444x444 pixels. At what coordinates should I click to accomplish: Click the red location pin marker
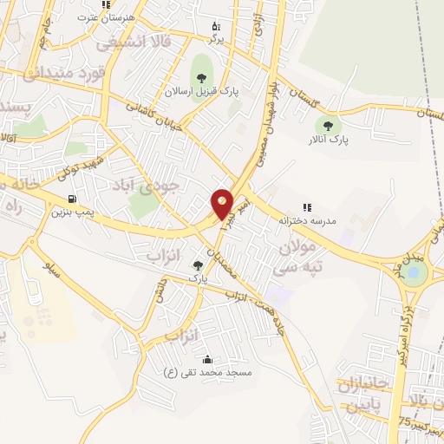(223, 203)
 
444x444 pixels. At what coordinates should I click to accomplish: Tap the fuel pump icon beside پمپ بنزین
(83, 198)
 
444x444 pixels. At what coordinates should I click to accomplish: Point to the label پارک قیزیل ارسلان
(202, 90)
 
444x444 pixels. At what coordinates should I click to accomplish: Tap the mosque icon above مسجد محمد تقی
(206, 359)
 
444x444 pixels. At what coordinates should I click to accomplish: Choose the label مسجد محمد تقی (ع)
(207, 372)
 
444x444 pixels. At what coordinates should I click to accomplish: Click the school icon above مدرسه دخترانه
(306, 207)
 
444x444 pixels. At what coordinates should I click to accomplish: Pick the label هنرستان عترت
(99, 17)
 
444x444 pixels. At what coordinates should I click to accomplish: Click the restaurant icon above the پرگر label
(216, 27)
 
